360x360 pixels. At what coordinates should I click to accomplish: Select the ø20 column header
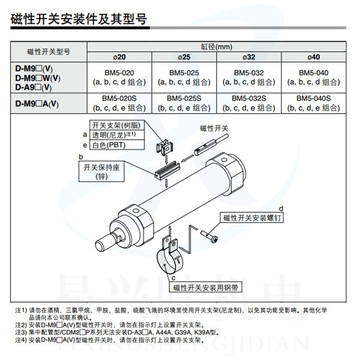pos(119,57)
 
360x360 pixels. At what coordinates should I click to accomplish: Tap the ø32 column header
pos(248,57)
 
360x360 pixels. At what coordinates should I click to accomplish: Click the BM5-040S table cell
pos(313,103)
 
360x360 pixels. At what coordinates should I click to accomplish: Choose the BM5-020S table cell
pos(119,103)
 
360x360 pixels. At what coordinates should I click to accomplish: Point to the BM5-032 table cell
pos(248,77)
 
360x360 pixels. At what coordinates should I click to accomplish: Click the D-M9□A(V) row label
pos(37,103)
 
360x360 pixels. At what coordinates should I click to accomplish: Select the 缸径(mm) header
pos(216,47)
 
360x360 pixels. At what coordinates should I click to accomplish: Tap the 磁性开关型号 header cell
pos(48,52)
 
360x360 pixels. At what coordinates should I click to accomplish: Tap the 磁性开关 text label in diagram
pos(215,129)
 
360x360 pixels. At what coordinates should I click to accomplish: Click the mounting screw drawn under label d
pos(212,235)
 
